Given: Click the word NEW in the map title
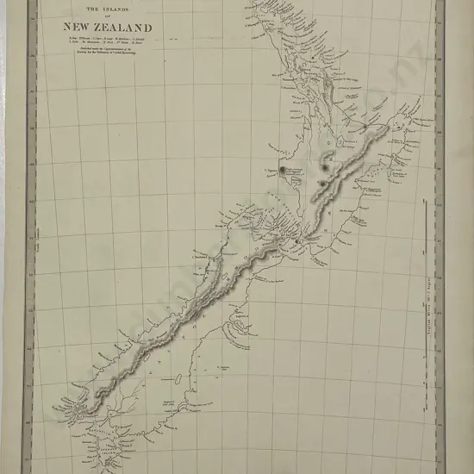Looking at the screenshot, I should (x=80, y=27).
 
